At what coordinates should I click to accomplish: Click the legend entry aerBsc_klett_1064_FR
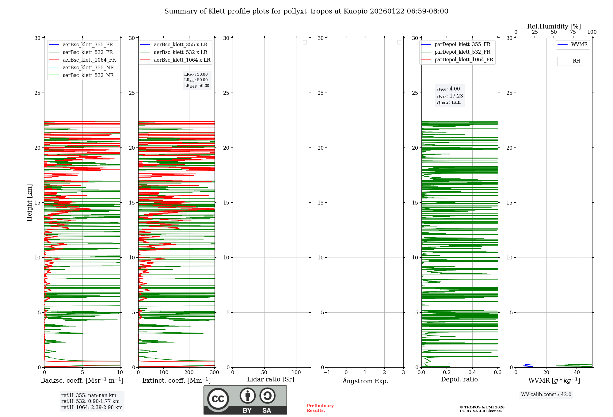[89, 60]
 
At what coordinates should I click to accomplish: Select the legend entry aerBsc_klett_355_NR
[88, 68]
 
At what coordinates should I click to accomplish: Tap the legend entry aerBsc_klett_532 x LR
[180, 52]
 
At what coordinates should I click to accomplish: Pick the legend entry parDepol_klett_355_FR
[462, 44]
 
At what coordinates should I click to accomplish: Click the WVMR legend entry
[579, 44]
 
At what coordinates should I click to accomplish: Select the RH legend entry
[576, 61]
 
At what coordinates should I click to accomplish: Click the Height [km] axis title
[29, 203]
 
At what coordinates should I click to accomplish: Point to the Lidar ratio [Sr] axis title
[271, 380]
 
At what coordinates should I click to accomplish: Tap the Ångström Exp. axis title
[365, 381]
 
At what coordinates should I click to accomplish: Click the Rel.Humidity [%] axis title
[554, 26]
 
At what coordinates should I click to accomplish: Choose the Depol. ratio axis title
[459, 380]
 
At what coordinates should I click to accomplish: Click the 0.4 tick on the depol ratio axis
[472, 373]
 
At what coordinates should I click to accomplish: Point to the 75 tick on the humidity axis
[573, 32]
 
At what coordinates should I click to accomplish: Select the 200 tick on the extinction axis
[189, 373]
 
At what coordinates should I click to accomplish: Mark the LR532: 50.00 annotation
[196, 80]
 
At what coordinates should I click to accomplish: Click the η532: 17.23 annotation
[450, 96]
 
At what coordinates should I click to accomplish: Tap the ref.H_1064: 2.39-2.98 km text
[92, 407]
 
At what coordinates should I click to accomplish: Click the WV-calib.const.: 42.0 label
[546, 395]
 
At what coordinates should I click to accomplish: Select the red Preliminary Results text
[320, 408]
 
